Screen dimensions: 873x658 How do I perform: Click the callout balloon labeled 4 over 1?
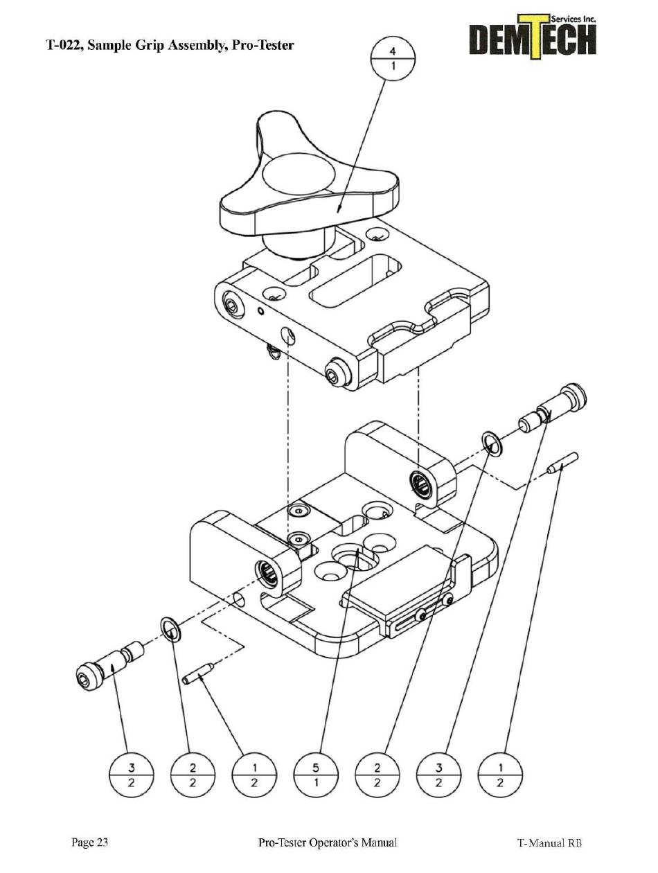click(393, 60)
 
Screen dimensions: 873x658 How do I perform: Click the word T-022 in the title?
click(66, 46)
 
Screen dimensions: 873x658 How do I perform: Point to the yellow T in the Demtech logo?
click(532, 37)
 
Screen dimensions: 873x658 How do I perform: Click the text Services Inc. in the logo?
click(574, 20)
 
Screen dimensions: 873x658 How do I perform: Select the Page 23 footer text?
click(90, 843)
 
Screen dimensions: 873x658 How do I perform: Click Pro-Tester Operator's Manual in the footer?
click(327, 843)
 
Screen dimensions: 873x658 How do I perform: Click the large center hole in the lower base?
click(354, 555)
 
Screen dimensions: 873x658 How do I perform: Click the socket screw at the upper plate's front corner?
click(337, 372)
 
